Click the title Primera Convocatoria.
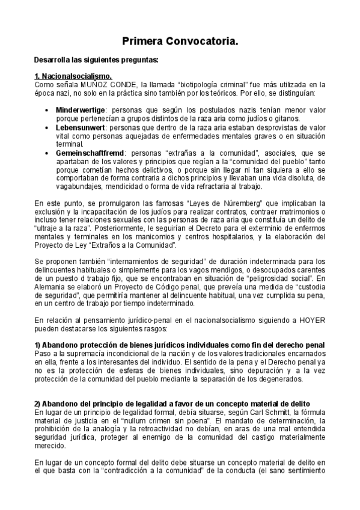[x=180, y=41]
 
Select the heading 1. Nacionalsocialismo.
[x=73, y=76]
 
